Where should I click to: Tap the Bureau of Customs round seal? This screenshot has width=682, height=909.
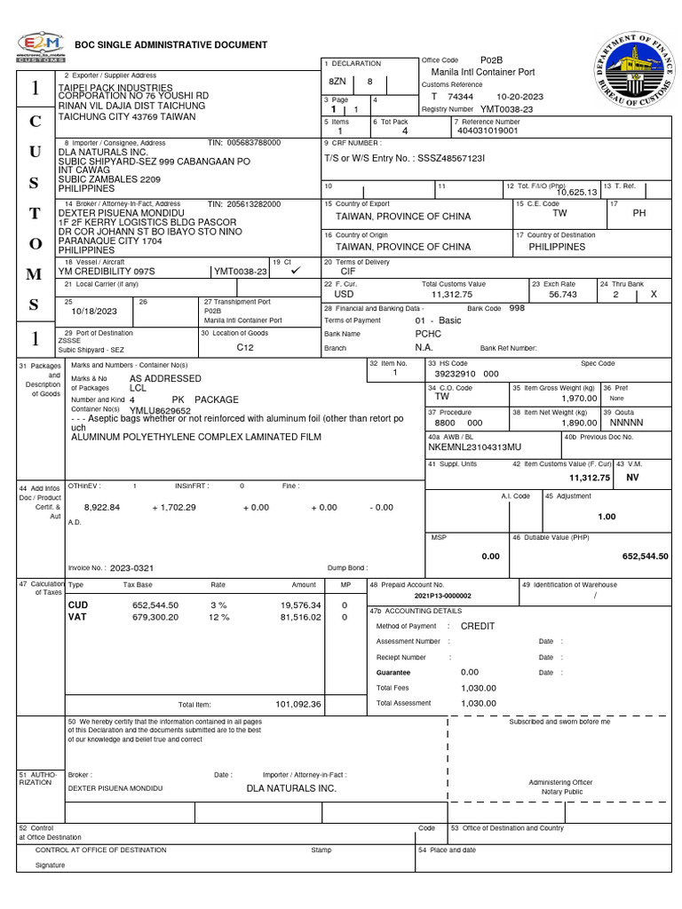pyautogui.click(x=633, y=74)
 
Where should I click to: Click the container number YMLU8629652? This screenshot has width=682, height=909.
pyautogui.click(x=161, y=411)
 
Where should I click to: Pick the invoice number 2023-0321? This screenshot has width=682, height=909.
pyautogui.click(x=132, y=567)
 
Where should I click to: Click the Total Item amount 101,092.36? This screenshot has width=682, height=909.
pyautogui.click(x=297, y=704)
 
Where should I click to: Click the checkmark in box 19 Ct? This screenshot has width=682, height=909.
pyautogui.click(x=296, y=270)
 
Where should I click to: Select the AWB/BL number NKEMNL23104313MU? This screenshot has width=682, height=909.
pyautogui.click(x=474, y=447)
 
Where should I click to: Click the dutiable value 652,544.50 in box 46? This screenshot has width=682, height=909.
pyautogui.click(x=645, y=556)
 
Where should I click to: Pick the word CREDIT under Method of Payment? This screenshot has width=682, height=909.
pyautogui.click(x=478, y=626)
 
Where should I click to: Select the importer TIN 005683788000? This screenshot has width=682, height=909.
pyautogui.click(x=253, y=142)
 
